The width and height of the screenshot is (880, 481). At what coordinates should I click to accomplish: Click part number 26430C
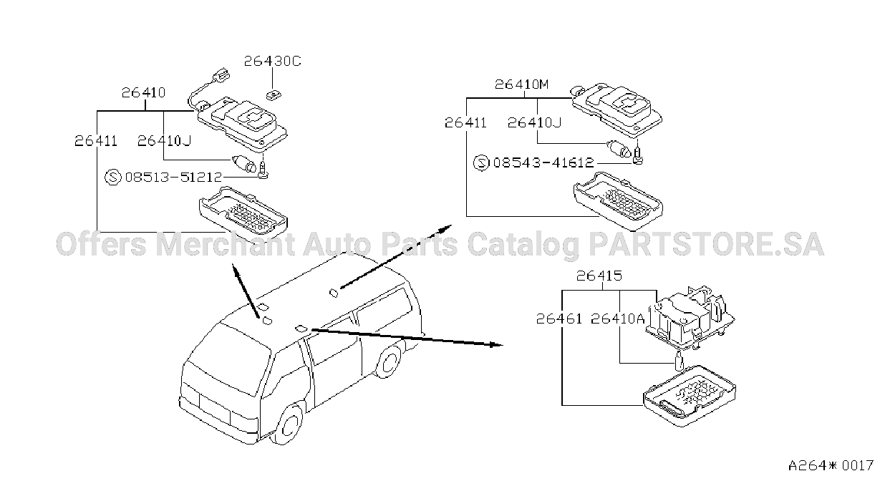tap(272, 62)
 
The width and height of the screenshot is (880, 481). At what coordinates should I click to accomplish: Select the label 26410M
tap(521, 84)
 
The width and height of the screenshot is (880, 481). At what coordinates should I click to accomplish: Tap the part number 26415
tap(599, 276)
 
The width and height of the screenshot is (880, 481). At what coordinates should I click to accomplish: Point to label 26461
tap(559, 319)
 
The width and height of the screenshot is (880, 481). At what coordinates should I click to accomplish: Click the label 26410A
tap(618, 319)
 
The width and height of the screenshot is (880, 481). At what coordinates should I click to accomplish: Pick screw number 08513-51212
tap(174, 178)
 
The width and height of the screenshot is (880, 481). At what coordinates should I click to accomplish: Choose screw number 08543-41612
tap(543, 162)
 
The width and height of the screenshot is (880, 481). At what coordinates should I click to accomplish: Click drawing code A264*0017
tap(831, 466)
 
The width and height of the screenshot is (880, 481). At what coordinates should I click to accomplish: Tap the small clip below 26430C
tap(273, 94)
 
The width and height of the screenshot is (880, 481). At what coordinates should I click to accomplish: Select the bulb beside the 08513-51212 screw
tap(244, 163)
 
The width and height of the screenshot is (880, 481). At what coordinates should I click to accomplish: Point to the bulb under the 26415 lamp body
tap(679, 361)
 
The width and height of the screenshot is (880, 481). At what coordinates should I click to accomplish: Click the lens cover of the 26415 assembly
tap(690, 396)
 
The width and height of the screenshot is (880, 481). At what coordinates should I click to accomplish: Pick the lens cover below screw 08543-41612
tap(618, 200)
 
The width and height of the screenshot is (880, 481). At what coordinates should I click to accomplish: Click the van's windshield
tap(230, 358)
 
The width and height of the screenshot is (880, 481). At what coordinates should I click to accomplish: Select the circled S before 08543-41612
tap(481, 162)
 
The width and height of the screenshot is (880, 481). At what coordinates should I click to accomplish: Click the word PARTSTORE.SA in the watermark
tap(706, 244)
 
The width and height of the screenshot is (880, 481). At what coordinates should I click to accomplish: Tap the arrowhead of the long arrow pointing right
tap(495, 345)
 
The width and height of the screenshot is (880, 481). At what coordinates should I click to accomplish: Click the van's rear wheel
tap(389, 362)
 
